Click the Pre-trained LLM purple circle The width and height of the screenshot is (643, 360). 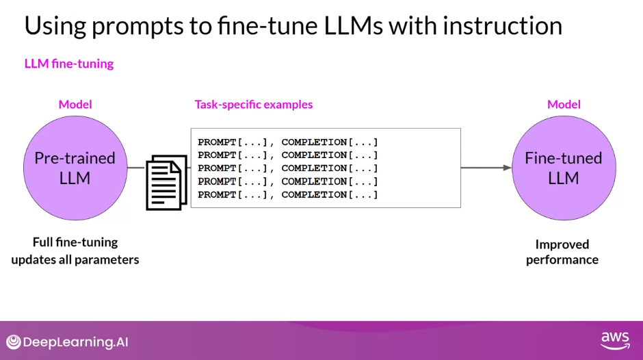[x=75, y=168]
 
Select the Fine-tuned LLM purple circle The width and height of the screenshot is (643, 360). [x=563, y=168]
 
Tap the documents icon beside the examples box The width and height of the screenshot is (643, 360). [x=166, y=181]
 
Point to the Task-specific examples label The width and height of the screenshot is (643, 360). [x=254, y=105]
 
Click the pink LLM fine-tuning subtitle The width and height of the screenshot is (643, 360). [x=69, y=64]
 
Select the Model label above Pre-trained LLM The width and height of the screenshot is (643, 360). [x=75, y=105]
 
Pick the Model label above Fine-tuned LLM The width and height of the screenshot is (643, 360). [x=564, y=105]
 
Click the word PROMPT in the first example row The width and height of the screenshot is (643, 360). [x=217, y=142]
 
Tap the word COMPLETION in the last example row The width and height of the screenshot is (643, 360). [x=314, y=195]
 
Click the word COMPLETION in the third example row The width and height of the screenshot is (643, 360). [x=314, y=168]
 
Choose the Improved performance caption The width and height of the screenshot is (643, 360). [x=562, y=252]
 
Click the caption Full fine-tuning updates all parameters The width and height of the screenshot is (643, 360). [x=75, y=251]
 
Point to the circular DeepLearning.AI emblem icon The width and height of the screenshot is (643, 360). [x=13, y=342]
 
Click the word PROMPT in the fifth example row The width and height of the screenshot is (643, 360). [x=217, y=195]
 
